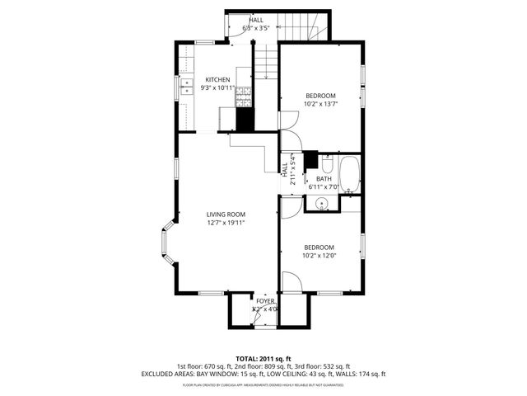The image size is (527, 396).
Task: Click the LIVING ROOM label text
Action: [x=226, y=214]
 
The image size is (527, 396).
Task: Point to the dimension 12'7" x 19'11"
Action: [x=226, y=222]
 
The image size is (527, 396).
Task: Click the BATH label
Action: [x=324, y=178]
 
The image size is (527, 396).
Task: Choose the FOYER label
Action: [x=265, y=301]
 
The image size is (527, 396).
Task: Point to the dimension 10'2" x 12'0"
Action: [x=319, y=256]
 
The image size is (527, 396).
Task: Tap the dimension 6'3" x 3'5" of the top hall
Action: [x=256, y=28]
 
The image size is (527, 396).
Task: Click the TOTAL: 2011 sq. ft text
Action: [x=263, y=358]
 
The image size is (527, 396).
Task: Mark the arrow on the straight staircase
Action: [x=266, y=70]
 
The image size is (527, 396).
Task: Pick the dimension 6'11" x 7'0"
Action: [x=324, y=187]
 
